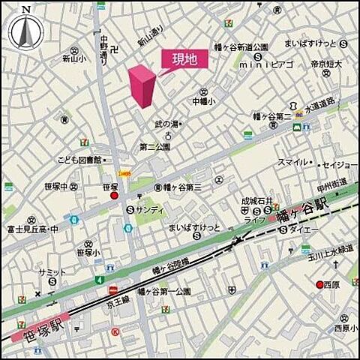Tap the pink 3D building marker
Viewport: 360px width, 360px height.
point(142,86)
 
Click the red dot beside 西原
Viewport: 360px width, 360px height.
point(319,284)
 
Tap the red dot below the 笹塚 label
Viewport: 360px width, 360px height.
point(115,196)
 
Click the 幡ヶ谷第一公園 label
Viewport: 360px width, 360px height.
point(163,290)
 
